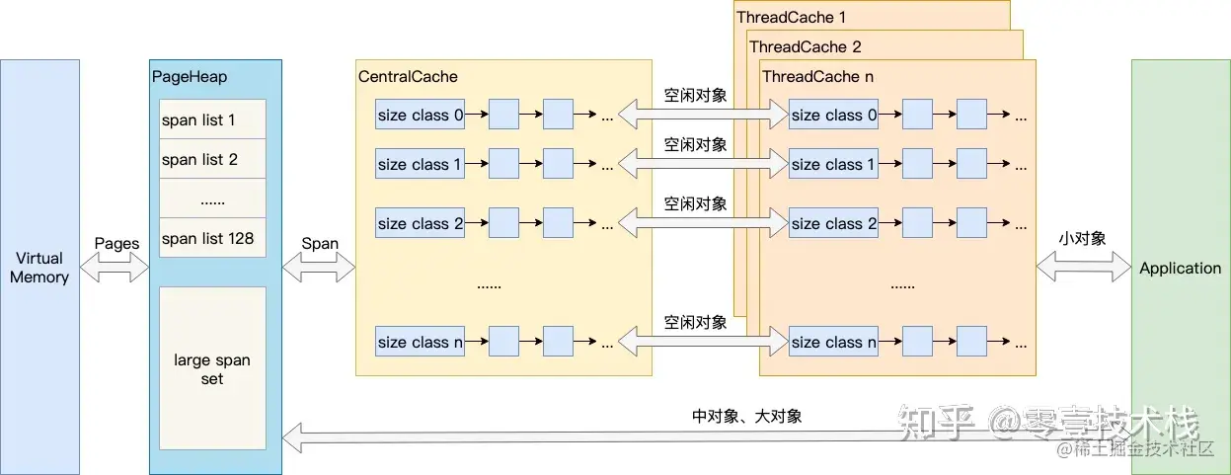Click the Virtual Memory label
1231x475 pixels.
39,268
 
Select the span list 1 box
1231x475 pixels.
212,119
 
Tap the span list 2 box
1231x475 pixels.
212,158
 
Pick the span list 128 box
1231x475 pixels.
212,237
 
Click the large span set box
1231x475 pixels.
212,368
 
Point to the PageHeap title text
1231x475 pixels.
190,76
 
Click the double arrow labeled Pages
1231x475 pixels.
115,268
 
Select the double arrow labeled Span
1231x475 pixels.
319,268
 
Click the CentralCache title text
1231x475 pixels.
408,76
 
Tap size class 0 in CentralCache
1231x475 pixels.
420,115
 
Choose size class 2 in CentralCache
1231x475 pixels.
420,222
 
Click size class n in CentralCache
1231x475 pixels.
420,342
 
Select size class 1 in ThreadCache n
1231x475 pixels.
833,163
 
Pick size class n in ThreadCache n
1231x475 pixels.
833,342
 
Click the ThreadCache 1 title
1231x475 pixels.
792,17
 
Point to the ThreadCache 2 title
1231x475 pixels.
806,46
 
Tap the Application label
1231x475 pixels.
1181,268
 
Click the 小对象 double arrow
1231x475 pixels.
1084,268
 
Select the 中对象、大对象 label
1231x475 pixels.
746,416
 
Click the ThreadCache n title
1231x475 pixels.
817,76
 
